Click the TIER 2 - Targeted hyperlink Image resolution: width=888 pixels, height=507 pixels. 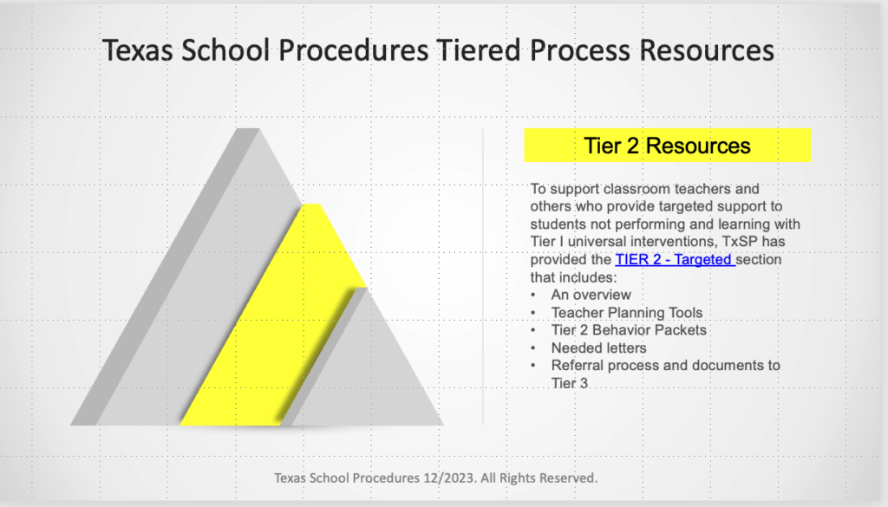675,259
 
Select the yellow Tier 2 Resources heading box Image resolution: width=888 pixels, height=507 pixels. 667,146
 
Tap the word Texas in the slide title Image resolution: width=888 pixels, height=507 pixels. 139,50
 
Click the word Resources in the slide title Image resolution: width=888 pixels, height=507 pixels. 706,50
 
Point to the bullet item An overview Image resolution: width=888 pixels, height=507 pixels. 591,295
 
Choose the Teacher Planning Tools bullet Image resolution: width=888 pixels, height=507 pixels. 626,313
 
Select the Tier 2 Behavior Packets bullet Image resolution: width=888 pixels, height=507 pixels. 628,330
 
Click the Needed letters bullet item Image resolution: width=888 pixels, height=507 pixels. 598,348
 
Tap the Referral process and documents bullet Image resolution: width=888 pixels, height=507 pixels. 665,366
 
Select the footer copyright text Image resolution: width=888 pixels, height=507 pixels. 435,478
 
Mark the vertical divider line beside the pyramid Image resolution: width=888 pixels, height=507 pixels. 482,277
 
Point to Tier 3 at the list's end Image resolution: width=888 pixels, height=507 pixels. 569,383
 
